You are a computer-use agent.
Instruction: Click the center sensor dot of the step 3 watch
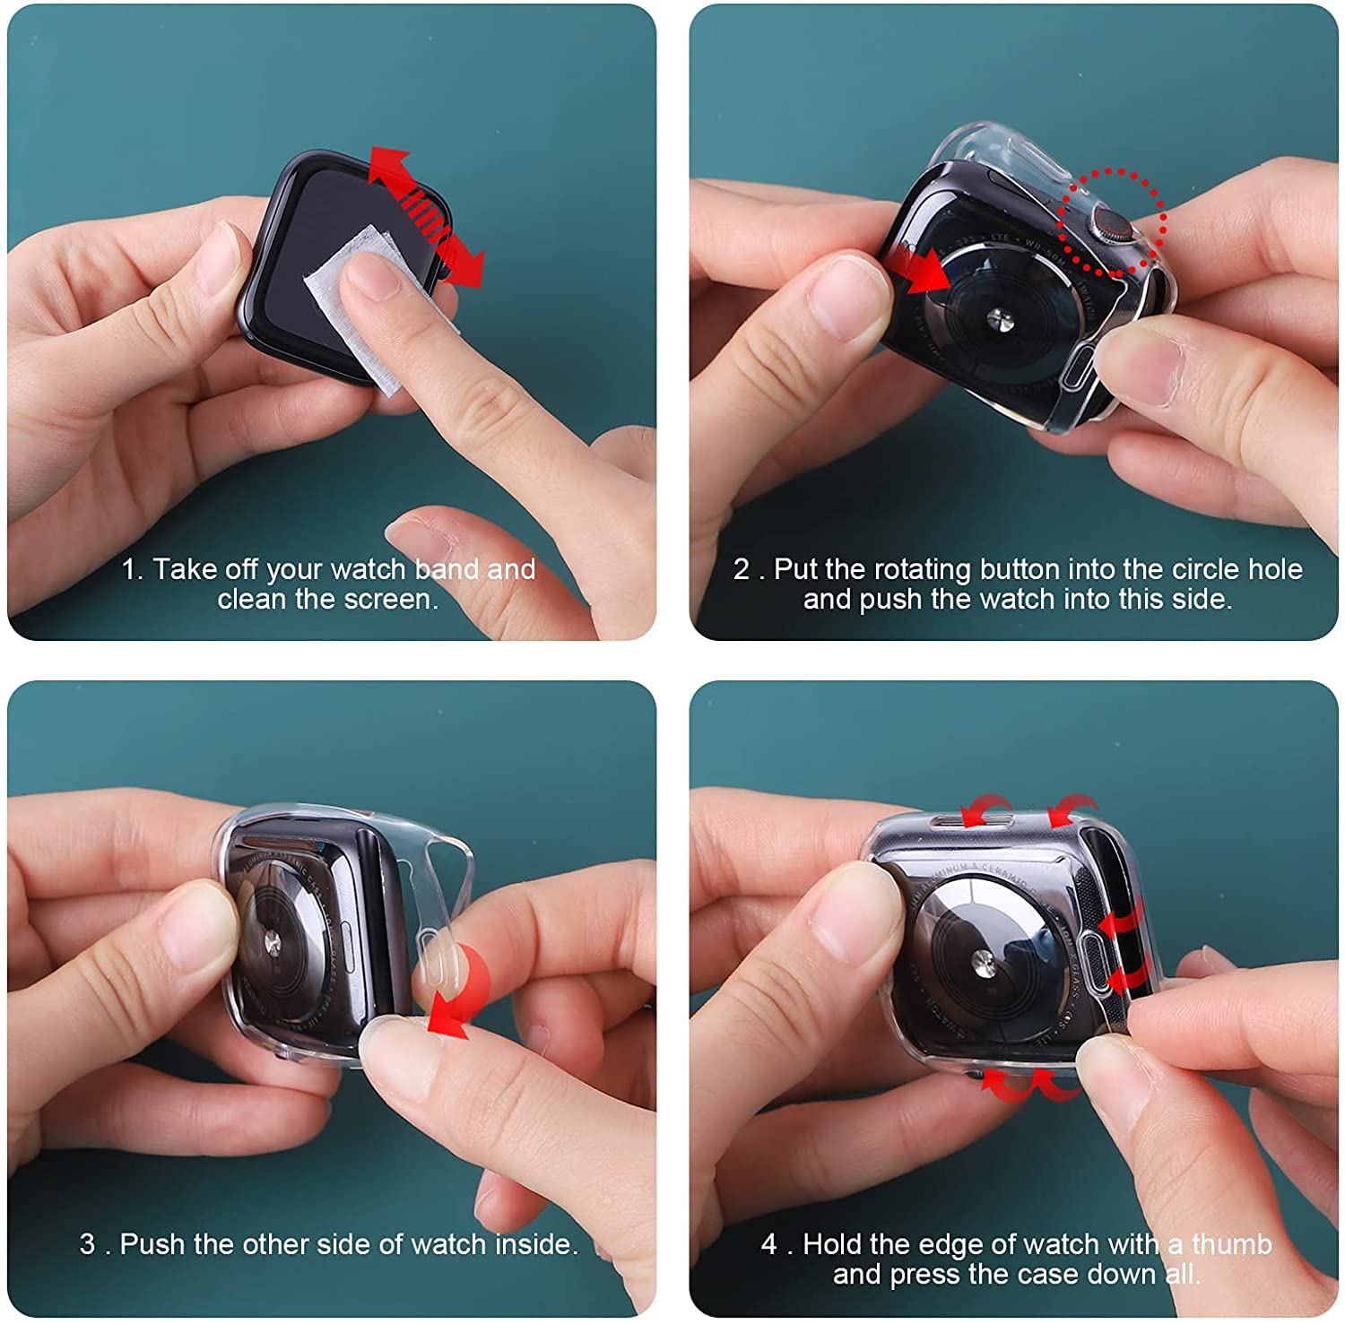coord(270,944)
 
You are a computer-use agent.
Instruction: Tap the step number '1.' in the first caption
coord(132,569)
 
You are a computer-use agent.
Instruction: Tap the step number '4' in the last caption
coord(768,1244)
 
